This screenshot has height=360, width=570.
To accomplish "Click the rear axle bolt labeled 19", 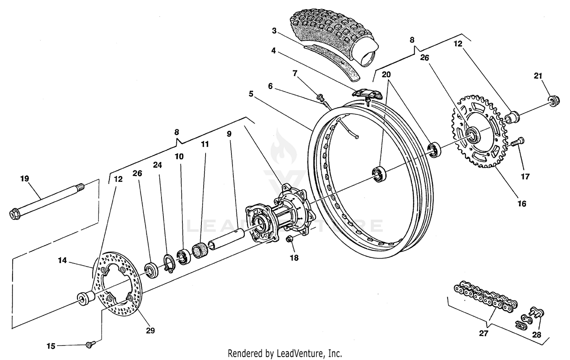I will point(46,201).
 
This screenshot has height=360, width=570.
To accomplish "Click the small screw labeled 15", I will point(90,344).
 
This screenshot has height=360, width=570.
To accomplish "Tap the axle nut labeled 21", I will point(553,100).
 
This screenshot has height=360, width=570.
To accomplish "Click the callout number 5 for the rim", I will point(251,94).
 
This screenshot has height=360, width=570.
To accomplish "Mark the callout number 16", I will point(522,204).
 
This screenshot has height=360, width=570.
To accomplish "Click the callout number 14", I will point(62,260).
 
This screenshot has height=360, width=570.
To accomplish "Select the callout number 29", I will point(150,331).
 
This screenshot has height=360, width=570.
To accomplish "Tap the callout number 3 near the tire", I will point(274,31).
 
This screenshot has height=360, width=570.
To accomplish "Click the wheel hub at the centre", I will point(279,219).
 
